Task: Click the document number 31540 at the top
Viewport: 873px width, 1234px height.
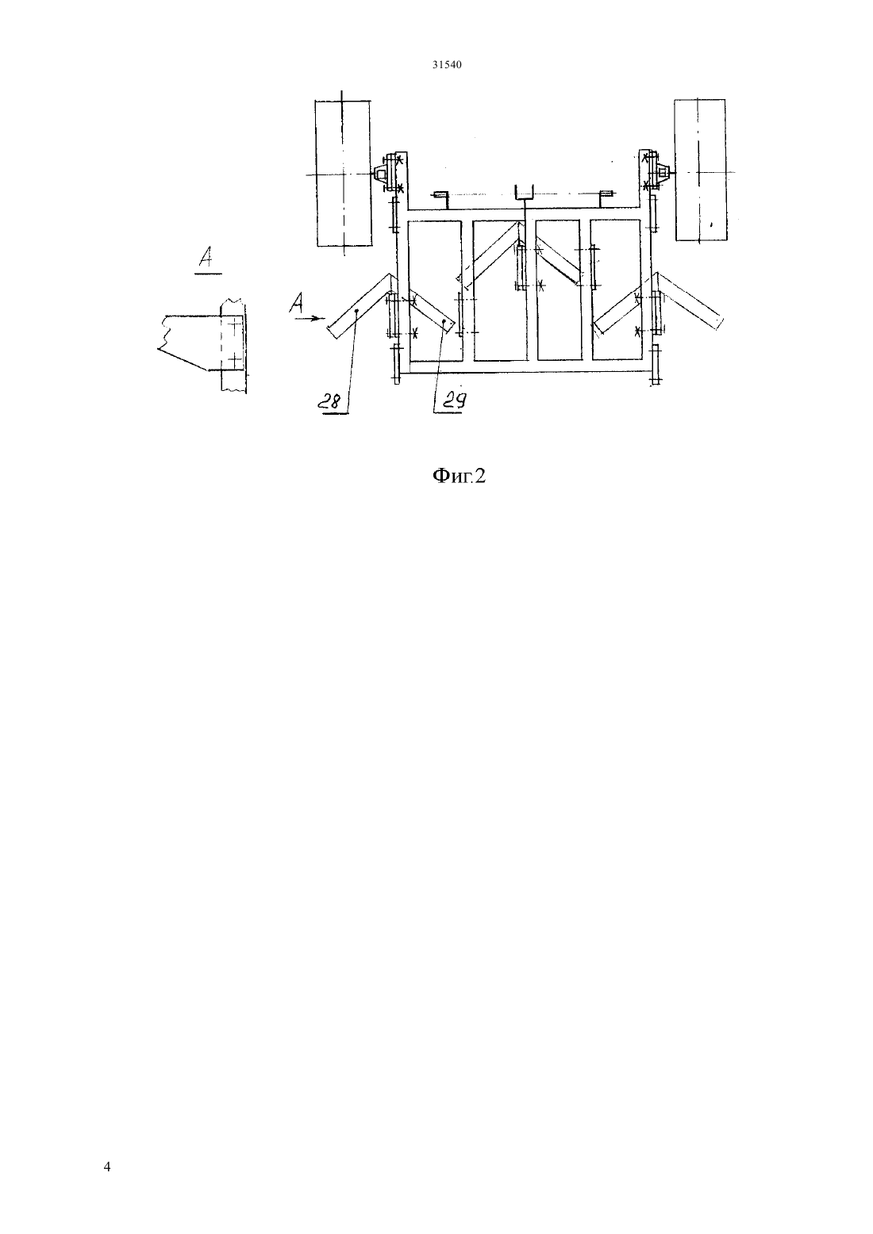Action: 446,65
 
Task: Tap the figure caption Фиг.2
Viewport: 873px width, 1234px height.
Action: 459,475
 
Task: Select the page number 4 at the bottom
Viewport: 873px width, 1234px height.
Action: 107,1167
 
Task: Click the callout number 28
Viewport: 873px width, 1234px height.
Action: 333,403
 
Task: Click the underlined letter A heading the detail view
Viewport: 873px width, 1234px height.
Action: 208,259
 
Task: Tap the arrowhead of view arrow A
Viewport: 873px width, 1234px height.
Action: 314,318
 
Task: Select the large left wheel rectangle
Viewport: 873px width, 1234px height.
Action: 343,173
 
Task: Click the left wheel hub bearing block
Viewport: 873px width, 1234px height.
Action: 379,174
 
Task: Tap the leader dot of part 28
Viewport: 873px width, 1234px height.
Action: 356,311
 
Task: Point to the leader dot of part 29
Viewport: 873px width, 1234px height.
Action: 444,320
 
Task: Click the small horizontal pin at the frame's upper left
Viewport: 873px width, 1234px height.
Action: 441,194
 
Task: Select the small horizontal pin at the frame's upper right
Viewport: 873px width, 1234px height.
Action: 606,194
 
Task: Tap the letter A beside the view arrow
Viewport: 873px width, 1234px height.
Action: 298,304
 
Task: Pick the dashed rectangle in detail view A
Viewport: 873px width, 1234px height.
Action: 232,342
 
